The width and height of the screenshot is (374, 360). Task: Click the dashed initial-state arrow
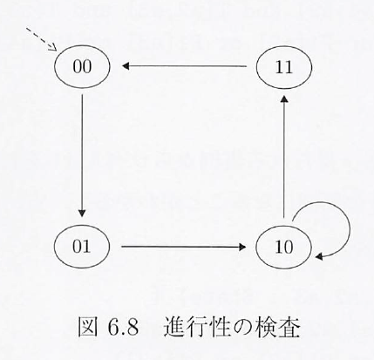tap(41, 39)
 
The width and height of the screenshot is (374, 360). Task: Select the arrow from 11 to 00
tap(184, 66)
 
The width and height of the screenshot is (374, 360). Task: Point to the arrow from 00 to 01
tap(82, 155)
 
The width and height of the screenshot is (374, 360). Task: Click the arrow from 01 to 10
tap(184, 247)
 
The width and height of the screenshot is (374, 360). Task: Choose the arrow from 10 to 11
tap(284, 157)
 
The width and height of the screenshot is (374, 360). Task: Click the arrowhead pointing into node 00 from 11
tap(126, 66)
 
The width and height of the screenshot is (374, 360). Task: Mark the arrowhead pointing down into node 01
tap(82, 214)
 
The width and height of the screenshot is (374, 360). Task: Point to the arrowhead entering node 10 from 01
tap(242, 247)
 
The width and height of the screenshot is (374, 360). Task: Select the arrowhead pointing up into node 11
tap(284, 100)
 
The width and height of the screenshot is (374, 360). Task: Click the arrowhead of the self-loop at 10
tap(319, 256)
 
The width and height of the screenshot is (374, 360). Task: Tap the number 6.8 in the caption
tap(123, 328)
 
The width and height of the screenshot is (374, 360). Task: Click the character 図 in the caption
tap(88, 328)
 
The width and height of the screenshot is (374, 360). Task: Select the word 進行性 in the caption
tap(192, 328)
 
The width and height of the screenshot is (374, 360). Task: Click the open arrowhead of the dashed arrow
tap(52, 47)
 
